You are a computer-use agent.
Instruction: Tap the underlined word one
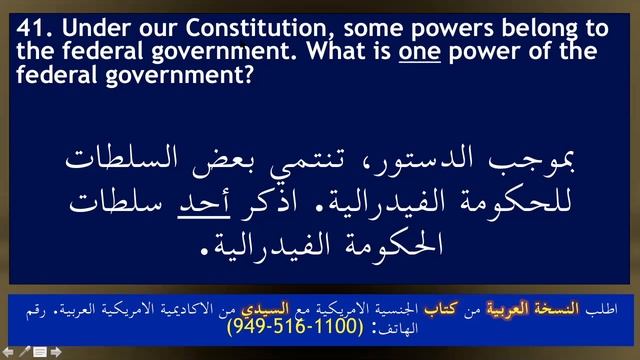(x=420, y=49)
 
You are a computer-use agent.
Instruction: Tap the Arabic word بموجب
(x=540, y=158)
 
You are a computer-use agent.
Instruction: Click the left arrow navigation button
(x=8, y=352)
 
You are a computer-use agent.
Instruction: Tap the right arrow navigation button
(x=57, y=352)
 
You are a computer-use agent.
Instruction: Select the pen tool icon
(x=24, y=352)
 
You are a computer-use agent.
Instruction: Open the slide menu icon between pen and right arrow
(x=40, y=352)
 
